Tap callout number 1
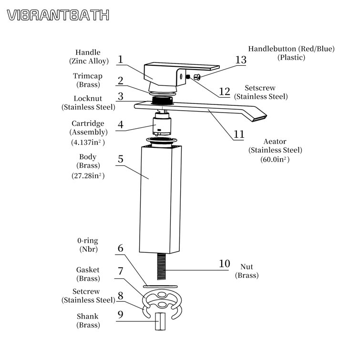[x=121, y=60]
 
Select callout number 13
[x=241, y=60]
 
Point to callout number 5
[x=121, y=159]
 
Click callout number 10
[x=224, y=264]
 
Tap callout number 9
[x=121, y=314]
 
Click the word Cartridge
[x=88, y=123]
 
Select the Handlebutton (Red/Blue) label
[x=291, y=49]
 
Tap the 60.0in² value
[x=275, y=160]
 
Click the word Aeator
[x=275, y=142]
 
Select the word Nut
[x=247, y=267]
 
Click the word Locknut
[x=88, y=99]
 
